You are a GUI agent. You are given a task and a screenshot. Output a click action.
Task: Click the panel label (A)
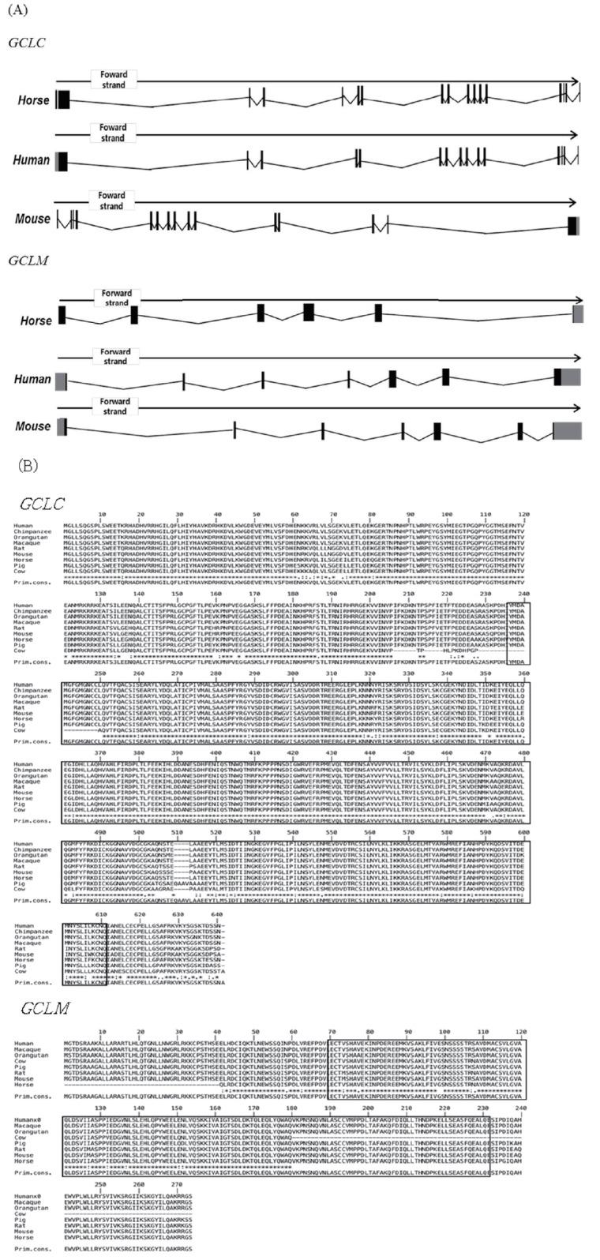coord(17,10)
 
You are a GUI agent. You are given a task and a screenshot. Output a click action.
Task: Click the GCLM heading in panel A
coord(27,259)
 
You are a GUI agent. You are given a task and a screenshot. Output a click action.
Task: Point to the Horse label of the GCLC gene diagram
coord(35,100)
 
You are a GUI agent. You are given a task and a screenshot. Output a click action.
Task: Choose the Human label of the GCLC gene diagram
coord(32,160)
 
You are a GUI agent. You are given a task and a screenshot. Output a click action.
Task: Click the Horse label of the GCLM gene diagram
coord(36,321)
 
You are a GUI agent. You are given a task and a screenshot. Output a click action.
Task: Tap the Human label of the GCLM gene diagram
coord(32,380)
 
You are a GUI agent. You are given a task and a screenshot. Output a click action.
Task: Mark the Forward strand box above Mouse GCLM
coord(114,407)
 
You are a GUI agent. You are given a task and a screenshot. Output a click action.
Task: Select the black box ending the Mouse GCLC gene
coord(572,225)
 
